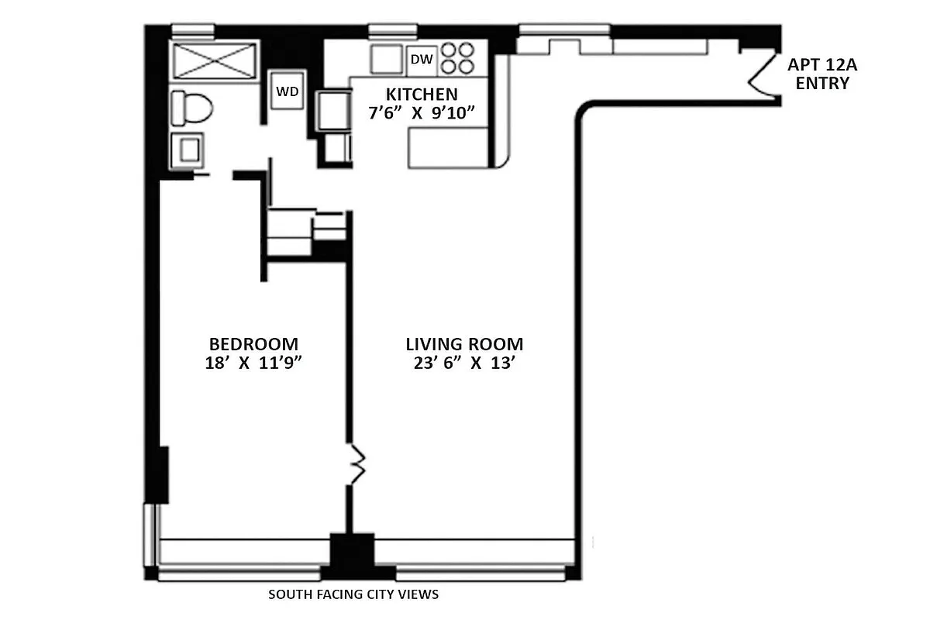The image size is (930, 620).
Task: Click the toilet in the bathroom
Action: pyautogui.click(x=190, y=108)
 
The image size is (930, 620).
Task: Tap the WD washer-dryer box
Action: pyautogui.click(x=288, y=91)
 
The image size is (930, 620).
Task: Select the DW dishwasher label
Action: pyautogui.click(x=421, y=60)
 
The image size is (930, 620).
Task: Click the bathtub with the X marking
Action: pyautogui.click(x=213, y=60)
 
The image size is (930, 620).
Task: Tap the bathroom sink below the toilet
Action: pyautogui.click(x=188, y=150)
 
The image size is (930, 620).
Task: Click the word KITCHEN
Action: pyautogui.click(x=422, y=95)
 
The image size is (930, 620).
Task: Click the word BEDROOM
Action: pyautogui.click(x=253, y=344)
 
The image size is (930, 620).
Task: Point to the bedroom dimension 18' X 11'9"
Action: pyautogui.click(x=253, y=363)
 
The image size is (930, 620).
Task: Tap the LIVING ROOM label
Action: pyautogui.click(x=464, y=344)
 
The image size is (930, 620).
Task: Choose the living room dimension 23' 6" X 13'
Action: pyautogui.click(x=464, y=363)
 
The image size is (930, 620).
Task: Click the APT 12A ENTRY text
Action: pyautogui.click(x=822, y=74)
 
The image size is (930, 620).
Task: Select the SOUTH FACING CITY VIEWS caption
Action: pyautogui.click(x=353, y=595)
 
